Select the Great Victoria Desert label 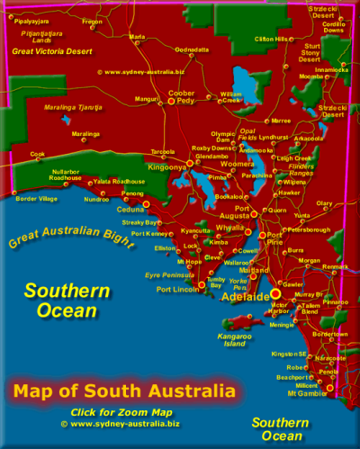click(x=53, y=51)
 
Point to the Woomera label click(x=238, y=164)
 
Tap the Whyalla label click(x=229, y=228)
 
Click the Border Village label click(x=36, y=198)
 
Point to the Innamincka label click(x=328, y=68)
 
